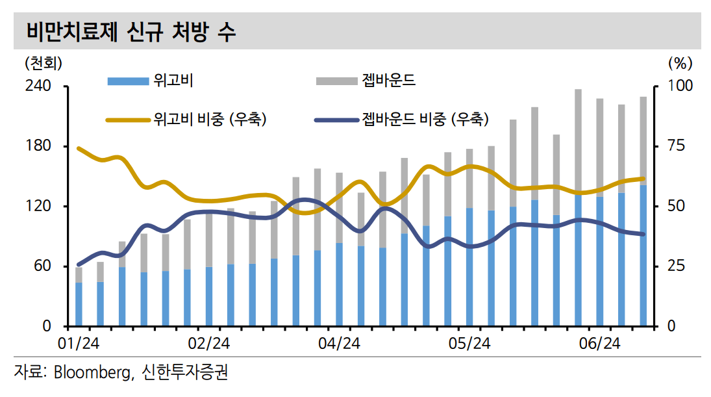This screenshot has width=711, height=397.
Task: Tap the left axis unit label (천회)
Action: click(44, 64)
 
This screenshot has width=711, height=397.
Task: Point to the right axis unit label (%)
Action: click(680, 64)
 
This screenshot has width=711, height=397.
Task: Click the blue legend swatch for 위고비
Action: click(127, 81)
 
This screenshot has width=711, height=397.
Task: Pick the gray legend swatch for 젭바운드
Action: click(336, 81)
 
